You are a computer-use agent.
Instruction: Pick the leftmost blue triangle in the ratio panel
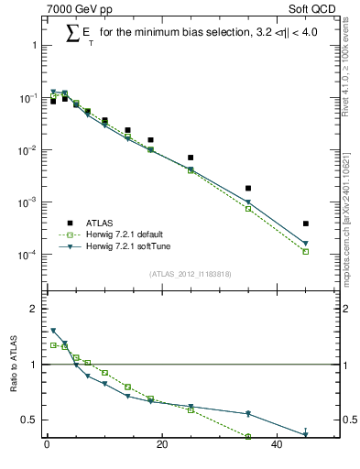pyautogui.click(x=53, y=331)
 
